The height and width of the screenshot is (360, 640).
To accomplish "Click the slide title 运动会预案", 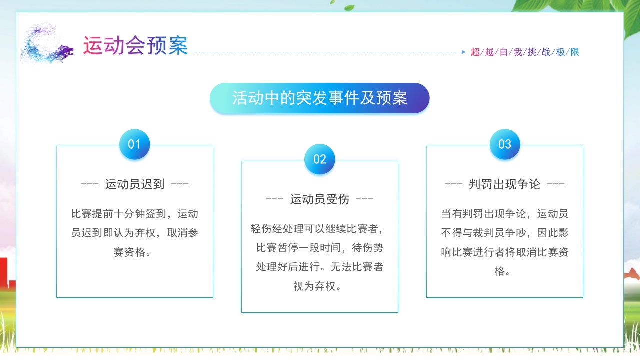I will pyautogui.click(x=135, y=45).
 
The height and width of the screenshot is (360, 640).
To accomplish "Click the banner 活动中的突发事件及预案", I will pyautogui.click(x=319, y=98).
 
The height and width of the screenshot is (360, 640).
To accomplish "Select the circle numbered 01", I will pyautogui.click(x=134, y=144).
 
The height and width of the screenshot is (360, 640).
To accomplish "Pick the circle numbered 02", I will pyautogui.click(x=319, y=159).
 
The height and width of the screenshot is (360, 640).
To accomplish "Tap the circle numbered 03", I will pyautogui.click(x=505, y=144).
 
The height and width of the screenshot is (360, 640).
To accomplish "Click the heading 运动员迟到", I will pyautogui.click(x=135, y=184).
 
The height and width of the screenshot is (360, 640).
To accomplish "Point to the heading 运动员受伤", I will pyautogui.click(x=320, y=199).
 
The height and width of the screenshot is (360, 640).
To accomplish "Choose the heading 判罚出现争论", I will pyautogui.click(x=505, y=184).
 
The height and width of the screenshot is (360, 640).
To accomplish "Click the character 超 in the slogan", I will pyautogui.click(x=475, y=52).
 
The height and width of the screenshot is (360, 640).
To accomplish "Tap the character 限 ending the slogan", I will pyautogui.click(x=575, y=52).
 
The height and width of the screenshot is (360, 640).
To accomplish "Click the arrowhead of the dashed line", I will pyautogui.click(x=463, y=52).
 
